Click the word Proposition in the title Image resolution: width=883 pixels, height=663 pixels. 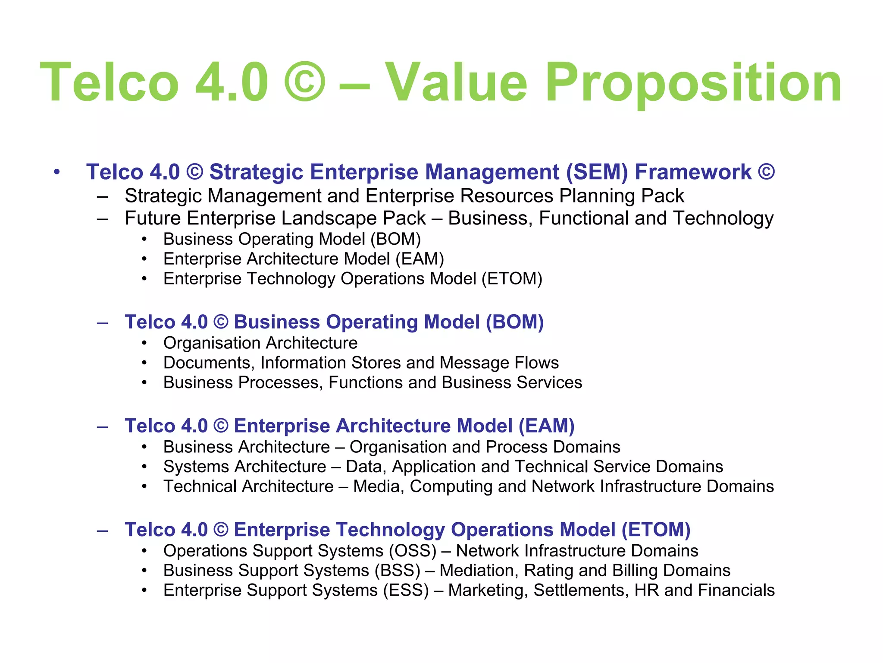[693, 83]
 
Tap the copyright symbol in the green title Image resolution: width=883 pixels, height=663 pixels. [305, 82]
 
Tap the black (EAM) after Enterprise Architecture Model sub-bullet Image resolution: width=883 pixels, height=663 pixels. [420, 259]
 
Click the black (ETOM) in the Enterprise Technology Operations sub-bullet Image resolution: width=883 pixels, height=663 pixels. [512, 279]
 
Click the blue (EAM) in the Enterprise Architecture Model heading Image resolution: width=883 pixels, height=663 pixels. [546, 426]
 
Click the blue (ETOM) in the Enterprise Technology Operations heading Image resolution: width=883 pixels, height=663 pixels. [655, 530]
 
